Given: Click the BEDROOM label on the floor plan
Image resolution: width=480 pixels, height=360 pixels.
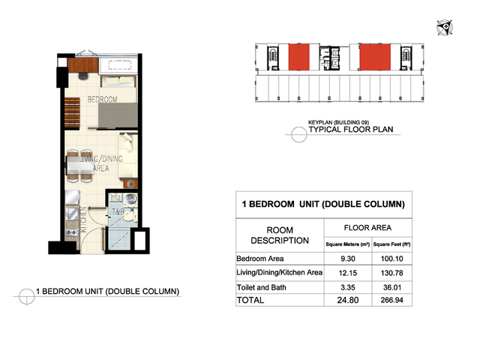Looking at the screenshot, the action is [x=102, y=100].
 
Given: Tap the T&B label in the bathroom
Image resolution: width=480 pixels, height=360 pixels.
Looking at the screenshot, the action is [x=118, y=211].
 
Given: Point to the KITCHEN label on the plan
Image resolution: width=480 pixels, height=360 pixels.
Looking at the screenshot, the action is [x=83, y=220].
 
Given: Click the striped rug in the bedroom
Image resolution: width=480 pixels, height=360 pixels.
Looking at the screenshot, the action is [x=72, y=112].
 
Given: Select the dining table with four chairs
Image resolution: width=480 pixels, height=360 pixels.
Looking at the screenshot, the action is [x=80, y=166].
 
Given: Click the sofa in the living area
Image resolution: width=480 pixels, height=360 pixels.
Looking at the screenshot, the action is [x=128, y=155].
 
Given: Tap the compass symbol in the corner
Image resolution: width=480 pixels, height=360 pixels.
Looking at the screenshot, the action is [x=445, y=28].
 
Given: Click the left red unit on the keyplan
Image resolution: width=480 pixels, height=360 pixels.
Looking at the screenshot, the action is [x=298, y=57].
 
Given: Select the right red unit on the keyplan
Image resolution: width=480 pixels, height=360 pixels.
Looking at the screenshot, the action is [x=375, y=57].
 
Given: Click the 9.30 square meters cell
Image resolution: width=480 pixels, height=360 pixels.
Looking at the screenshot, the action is [x=348, y=259].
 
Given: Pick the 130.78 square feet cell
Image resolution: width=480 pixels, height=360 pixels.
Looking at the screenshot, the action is [x=391, y=273].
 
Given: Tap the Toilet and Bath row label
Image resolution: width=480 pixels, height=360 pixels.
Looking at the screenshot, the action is [x=262, y=287].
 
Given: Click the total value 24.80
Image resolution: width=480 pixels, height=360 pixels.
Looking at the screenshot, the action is [x=348, y=300].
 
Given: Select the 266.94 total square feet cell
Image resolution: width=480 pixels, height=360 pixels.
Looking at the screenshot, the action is [x=391, y=300].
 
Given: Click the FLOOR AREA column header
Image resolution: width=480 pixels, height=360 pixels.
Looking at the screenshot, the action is [x=367, y=228].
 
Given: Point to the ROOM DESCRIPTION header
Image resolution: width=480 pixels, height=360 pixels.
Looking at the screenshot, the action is [x=280, y=235].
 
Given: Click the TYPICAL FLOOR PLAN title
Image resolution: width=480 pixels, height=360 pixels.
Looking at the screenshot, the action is [x=351, y=130].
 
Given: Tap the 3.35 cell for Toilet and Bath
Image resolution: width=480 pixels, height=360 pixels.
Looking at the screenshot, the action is [x=348, y=287].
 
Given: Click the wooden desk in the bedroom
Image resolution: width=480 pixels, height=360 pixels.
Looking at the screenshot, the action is [x=83, y=65].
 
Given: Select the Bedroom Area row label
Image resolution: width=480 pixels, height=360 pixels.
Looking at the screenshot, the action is [x=260, y=259].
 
